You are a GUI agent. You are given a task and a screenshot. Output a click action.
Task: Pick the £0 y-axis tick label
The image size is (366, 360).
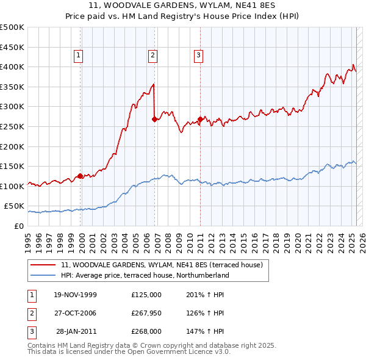18,226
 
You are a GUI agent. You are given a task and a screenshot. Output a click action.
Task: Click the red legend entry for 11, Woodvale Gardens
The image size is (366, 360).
162,265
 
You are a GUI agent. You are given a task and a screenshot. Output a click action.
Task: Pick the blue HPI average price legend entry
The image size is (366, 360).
145,275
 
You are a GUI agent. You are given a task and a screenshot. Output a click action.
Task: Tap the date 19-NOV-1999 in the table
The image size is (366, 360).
75,295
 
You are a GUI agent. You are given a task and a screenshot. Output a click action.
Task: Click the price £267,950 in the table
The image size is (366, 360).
146,313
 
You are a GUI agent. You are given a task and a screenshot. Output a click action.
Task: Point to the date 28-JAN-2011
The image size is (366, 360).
76,331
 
